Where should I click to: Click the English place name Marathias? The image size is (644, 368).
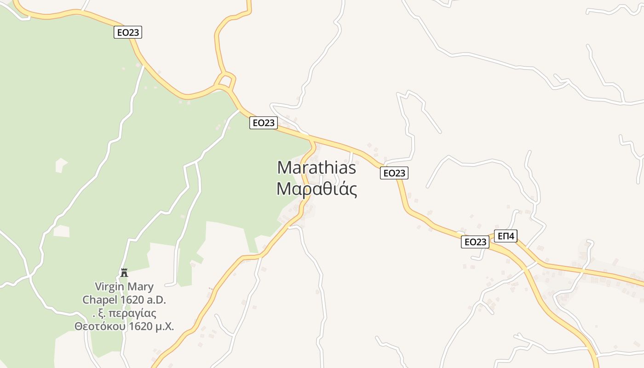click(x=316, y=167)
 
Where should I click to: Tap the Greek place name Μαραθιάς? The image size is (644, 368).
click(x=316, y=189)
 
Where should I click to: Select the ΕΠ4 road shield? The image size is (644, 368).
click(x=506, y=236)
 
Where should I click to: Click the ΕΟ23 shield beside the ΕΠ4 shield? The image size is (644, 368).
click(x=475, y=242)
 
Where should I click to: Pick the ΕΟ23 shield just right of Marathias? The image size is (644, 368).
click(x=394, y=173)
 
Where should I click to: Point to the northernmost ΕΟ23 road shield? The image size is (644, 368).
click(x=128, y=32)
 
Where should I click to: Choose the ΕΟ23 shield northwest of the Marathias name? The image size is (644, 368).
click(x=263, y=123)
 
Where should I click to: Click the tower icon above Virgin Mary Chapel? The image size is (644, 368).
click(x=124, y=272)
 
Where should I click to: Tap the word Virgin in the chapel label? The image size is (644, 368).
click(x=109, y=287)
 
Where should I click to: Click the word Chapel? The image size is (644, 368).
click(x=99, y=300)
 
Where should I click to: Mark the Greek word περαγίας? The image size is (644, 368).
click(x=134, y=313)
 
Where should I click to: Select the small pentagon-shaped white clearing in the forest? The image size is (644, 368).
click(x=61, y=165)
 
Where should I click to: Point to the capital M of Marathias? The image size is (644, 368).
click(x=285, y=167)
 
